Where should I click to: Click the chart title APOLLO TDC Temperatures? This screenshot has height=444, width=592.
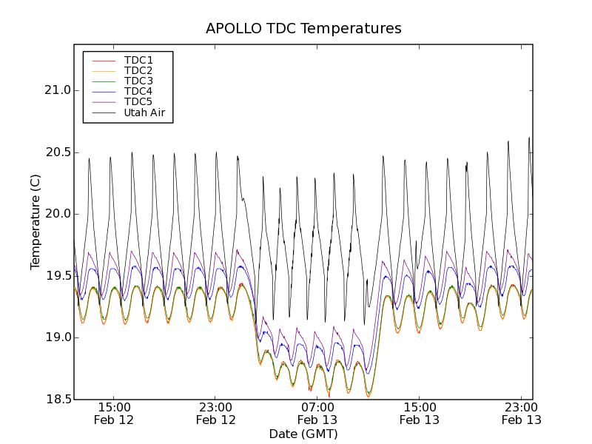coord(303,29)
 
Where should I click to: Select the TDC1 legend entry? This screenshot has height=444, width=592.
coord(138,60)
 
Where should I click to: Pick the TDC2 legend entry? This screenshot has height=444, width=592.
coord(138,70)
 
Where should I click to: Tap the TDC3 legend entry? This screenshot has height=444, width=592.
coord(138,81)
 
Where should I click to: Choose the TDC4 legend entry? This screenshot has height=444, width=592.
coord(138,91)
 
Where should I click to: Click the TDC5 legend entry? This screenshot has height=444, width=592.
coord(138,101)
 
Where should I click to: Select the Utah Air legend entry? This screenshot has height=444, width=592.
coord(144,113)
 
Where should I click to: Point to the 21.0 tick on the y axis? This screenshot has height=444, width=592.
coord(56,90)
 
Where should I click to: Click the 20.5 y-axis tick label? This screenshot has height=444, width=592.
coord(56,152)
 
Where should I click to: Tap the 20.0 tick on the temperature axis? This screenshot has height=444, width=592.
coord(56,214)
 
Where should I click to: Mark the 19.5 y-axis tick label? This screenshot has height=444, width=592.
coord(56,276)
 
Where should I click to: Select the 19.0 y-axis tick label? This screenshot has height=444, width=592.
coord(56,337)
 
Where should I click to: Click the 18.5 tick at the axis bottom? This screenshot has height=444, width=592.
coord(56,400)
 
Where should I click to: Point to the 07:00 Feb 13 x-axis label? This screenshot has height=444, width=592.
coord(317,413)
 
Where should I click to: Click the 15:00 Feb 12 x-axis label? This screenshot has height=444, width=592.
coord(114,413)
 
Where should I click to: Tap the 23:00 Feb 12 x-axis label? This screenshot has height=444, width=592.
coord(215,413)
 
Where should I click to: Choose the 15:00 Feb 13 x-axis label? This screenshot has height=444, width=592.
coord(419,413)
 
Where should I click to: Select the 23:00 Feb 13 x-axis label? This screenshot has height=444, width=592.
coord(520,413)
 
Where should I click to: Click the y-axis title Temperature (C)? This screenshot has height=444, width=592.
coord(36,222)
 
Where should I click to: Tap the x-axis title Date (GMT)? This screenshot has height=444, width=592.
coord(303,434)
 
